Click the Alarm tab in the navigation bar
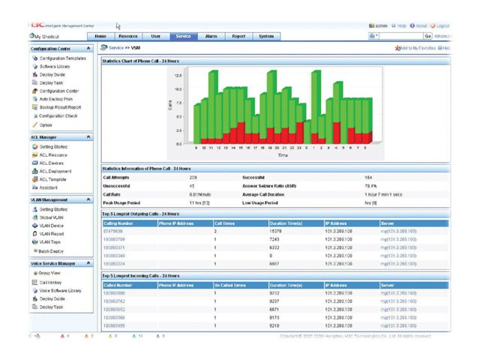point(211,36)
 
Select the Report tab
point(238,36)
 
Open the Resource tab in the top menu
point(128,36)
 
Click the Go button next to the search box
point(427,36)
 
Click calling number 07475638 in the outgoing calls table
point(113,232)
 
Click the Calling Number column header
point(118,223)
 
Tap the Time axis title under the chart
point(282,156)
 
